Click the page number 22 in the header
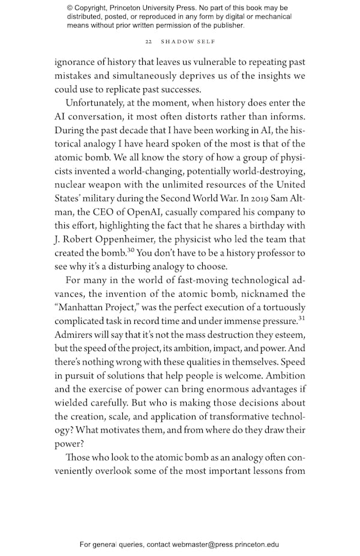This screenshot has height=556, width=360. click(x=148, y=42)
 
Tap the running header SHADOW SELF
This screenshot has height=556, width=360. click(x=185, y=42)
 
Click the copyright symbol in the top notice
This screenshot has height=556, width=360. click(x=70, y=8)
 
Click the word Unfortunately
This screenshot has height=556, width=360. click(x=95, y=103)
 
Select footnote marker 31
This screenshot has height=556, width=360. click(x=301, y=318)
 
